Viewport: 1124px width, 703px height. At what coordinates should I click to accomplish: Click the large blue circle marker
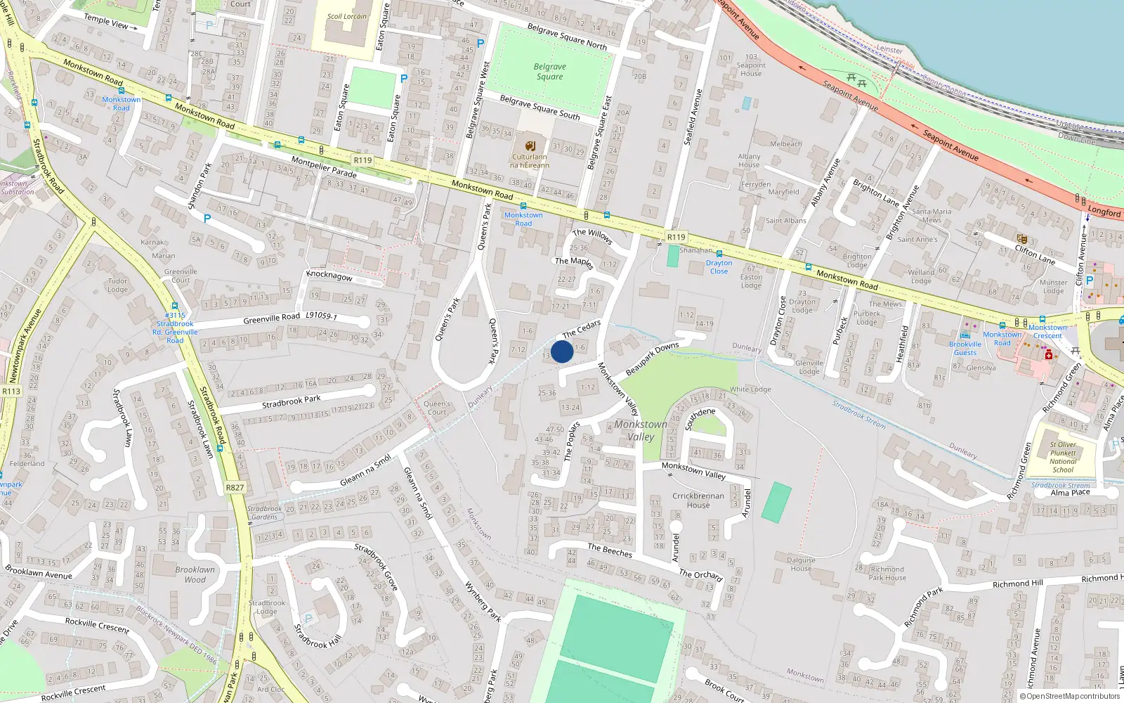562,351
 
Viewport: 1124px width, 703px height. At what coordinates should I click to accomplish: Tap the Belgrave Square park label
550,72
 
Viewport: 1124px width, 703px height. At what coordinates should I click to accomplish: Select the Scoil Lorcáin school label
347,16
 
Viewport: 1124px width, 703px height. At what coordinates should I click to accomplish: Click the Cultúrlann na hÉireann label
530,161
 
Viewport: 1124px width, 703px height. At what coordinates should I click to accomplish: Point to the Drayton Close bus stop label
719,267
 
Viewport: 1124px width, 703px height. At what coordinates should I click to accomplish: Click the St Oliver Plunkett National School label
1063,457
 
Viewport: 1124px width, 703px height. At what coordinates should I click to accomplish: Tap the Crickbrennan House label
698,501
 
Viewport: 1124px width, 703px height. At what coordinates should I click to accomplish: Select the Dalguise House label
801,565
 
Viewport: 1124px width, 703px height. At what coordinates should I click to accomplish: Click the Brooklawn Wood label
195,574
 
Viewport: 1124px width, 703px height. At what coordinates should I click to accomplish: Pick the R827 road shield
235,487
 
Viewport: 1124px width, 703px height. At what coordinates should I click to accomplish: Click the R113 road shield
11,392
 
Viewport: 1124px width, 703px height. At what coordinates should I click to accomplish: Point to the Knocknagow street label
329,276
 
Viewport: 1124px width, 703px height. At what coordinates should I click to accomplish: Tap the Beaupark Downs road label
652,358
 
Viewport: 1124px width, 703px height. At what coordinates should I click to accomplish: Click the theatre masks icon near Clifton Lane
1022,239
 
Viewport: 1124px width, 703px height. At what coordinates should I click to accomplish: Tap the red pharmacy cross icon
1049,356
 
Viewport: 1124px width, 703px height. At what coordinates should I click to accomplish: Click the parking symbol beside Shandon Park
207,219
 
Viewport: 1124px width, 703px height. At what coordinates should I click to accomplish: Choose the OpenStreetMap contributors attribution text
1070,696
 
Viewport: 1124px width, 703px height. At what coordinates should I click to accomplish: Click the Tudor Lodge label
118,285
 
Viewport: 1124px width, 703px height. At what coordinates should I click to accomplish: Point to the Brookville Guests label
965,348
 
